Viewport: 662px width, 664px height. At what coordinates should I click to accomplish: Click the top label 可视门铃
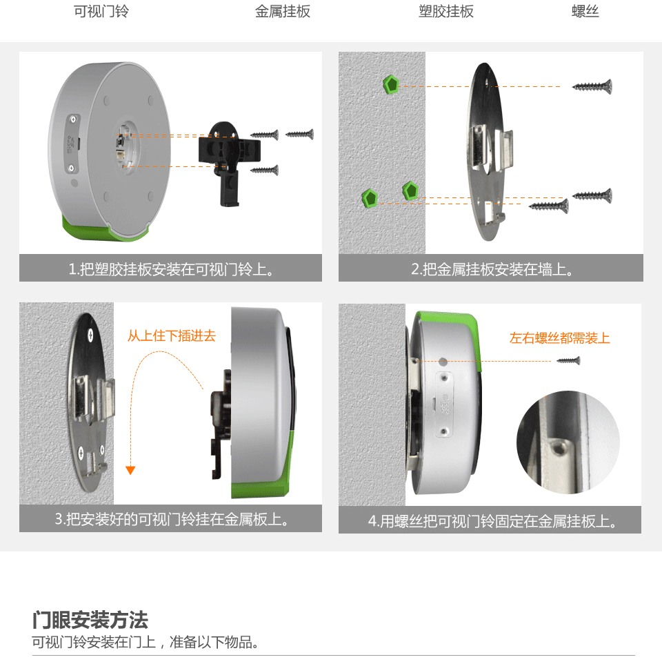(101, 12)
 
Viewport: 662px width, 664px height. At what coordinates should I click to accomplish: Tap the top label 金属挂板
(283, 12)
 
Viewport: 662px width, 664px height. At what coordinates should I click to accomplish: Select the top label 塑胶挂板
(446, 12)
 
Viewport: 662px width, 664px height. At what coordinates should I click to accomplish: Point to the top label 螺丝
(585, 12)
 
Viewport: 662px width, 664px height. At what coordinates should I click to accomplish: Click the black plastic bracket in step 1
(228, 161)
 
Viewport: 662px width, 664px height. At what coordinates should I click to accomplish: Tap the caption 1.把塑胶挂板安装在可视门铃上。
(170, 269)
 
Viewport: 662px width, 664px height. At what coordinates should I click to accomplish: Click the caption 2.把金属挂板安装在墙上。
(492, 269)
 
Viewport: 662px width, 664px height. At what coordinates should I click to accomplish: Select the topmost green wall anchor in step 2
(391, 84)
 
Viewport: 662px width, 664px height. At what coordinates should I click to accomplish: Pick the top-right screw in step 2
(592, 86)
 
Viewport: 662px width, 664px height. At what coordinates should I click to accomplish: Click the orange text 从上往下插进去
(172, 336)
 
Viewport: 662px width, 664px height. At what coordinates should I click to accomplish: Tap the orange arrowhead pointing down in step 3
(130, 470)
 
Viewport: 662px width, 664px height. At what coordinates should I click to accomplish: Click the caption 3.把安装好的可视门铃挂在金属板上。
(171, 519)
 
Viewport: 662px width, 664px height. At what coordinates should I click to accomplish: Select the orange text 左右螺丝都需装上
(560, 338)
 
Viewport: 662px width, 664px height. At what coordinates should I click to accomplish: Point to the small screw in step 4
(568, 361)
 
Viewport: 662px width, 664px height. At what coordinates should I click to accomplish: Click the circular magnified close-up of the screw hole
(568, 442)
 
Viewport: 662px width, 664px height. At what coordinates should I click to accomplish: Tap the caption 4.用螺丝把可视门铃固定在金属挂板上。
(492, 521)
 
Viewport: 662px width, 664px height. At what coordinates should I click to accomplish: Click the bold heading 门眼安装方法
(90, 621)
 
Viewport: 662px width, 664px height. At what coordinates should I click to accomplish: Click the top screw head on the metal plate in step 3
(90, 336)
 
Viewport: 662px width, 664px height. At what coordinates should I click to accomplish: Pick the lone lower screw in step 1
(264, 170)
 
